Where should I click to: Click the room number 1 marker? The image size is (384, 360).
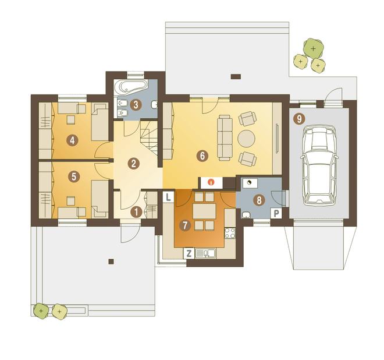point(136,212)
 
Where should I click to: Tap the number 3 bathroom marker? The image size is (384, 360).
point(136,105)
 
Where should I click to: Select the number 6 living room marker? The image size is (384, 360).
point(202,156)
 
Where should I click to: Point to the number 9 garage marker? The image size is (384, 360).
point(299,119)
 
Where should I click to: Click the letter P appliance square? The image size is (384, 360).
point(276,213)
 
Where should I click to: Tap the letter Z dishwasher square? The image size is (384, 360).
point(189,253)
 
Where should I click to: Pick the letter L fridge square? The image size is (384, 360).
point(169,197)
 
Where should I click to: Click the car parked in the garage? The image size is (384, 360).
point(319,165)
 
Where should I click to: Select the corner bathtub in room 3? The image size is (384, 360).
point(130,89)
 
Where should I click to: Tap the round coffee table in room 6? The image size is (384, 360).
point(246,138)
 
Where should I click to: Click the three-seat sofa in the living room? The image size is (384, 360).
point(225,138)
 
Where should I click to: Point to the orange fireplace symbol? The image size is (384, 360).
point(211,182)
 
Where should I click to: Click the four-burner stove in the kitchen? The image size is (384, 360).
point(230,233)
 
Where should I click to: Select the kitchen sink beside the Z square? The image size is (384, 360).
point(205,253)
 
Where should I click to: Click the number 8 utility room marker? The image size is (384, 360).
point(259,200)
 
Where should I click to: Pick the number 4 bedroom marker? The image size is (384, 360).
point(72,140)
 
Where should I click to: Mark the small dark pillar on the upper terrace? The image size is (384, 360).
point(236,76)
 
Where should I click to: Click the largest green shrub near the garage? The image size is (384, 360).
point(313,48)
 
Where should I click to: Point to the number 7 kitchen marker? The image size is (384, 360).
point(185,225)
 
